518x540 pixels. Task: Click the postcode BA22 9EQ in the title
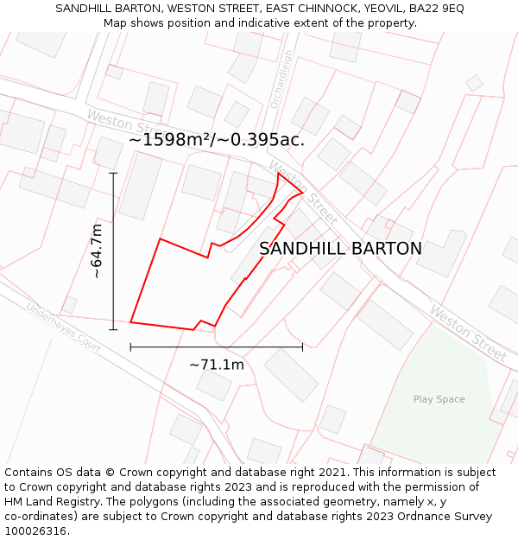[x=436, y=8]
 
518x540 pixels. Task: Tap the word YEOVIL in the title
[x=381, y=8]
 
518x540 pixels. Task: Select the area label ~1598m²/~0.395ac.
[x=217, y=139]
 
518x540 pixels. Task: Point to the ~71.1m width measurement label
[x=216, y=365]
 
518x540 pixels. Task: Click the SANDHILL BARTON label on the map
[x=340, y=249]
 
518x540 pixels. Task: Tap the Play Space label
[x=439, y=399]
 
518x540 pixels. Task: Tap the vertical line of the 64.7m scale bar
[x=113, y=251]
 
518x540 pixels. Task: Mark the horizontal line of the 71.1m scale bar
[x=216, y=347]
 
